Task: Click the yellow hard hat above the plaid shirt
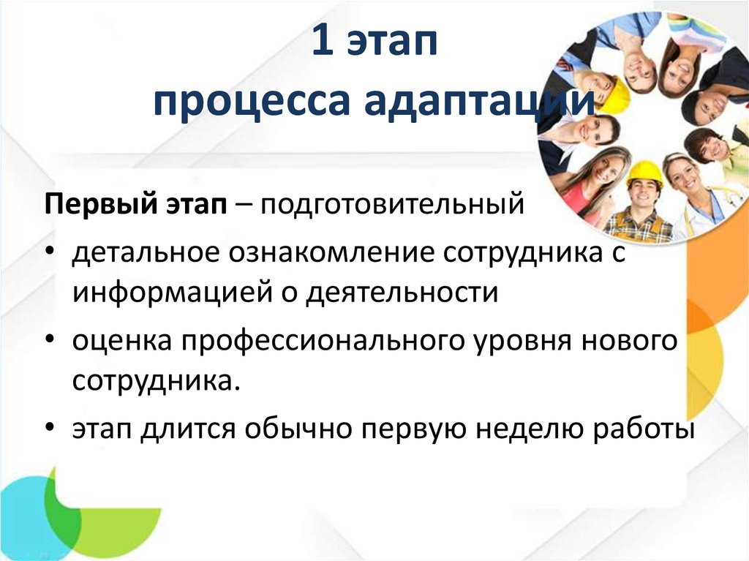click(x=644, y=173)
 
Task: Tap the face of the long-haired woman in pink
click(x=603, y=169)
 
